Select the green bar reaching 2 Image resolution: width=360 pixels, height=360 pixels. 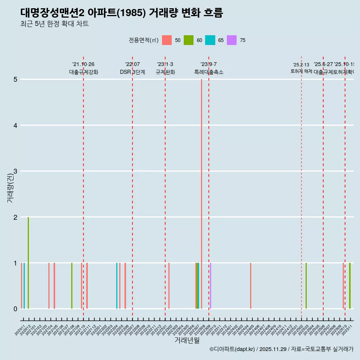tap(28, 262)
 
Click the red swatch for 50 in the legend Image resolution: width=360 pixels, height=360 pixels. tap(167, 40)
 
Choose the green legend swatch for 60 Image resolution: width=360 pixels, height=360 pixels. tap(188, 40)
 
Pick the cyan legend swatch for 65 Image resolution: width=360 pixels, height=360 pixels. tap(210, 40)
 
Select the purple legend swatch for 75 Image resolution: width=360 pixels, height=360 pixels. tap(232, 40)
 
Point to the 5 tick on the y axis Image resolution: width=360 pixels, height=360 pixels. tap(15, 79)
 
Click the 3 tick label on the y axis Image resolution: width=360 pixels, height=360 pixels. tap(15, 171)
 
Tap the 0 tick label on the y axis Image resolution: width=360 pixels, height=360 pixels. tap(15, 309)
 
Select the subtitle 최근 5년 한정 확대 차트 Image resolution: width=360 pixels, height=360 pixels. tap(54, 24)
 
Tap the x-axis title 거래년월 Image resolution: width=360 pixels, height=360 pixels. tap(187, 340)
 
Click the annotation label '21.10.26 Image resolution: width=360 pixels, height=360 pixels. tap(83, 64)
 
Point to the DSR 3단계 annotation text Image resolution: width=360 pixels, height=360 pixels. tap(132, 72)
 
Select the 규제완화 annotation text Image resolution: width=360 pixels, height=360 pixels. tap(165, 72)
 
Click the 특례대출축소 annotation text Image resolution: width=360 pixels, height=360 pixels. tap(208, 72)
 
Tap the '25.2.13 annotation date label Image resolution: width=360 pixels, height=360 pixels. tap(301, 65)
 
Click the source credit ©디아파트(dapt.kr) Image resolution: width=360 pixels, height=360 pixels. tap(232, 349)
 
